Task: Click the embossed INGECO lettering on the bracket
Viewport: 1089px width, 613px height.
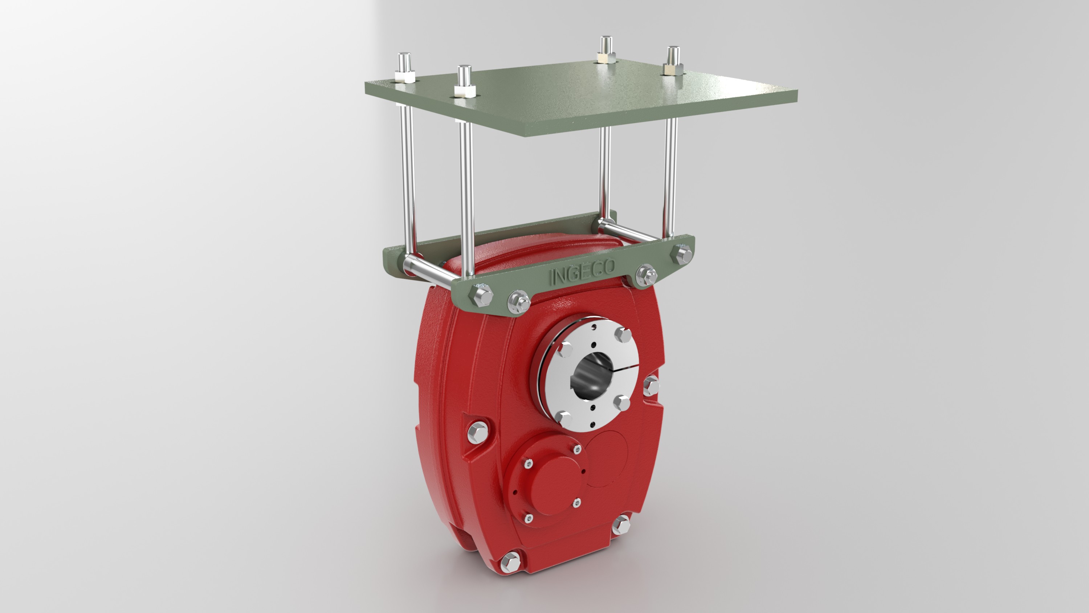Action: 583,272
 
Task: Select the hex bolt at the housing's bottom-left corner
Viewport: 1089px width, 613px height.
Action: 510,563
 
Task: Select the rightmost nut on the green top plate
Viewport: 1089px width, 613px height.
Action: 673,69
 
